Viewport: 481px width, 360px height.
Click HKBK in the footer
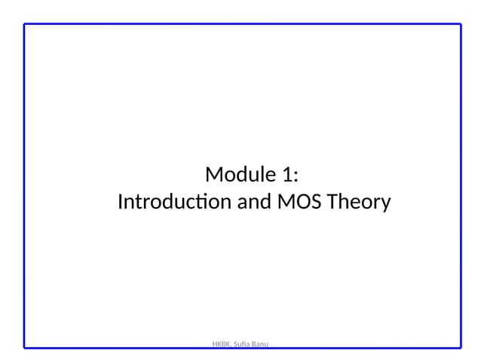click(x=222, y=344)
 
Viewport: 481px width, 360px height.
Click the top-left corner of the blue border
click(x=24, y=24)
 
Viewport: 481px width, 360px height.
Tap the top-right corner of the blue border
click(x=461, y=24)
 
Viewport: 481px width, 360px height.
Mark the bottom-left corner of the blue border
click(x=24, y=347)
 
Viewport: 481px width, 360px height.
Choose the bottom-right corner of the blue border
click(x=461, y=347)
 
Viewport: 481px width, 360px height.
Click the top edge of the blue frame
click(x=241, y=24)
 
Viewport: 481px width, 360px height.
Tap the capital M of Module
click(x=213, y=176)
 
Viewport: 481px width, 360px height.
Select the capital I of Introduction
click(x=121, y=203)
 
